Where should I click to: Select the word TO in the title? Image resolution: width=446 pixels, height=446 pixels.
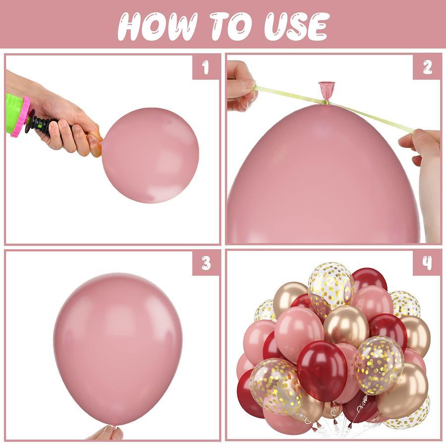point(231,26)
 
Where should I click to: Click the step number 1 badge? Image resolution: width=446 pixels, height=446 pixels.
point(206,67)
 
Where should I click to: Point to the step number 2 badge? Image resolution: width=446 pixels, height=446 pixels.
point(427,67)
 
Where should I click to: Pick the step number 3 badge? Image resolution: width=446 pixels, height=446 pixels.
point(206,263)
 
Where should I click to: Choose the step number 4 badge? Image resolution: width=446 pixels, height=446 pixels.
point(427,263)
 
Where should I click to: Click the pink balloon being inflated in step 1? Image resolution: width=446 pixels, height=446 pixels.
point(150,155)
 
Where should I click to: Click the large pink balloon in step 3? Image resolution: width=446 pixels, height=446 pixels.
point(117,349)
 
